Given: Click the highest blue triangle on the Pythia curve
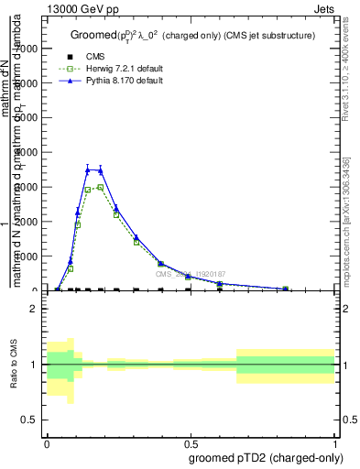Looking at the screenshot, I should pyautogui.click(x=88, y=169).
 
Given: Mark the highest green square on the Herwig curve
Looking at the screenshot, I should pyautogui.click(x=100, y=188).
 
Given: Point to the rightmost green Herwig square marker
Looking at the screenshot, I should pyautogui.click(x=285, y=289).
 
